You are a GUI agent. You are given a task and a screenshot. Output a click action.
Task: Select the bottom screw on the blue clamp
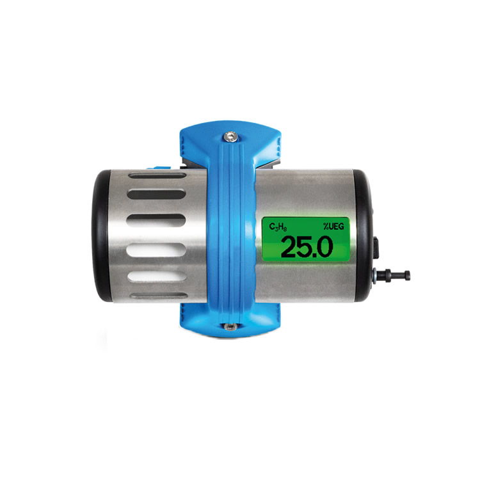tap(229, 327)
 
